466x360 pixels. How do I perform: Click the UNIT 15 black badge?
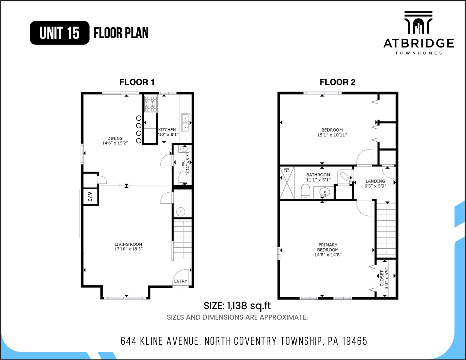coord(59,33)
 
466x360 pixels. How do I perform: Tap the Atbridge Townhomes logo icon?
coord(418,22)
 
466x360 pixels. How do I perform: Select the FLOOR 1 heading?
coord(137,82)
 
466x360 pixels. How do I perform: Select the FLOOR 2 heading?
coord(337,82)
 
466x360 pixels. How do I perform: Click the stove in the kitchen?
coord(151,104)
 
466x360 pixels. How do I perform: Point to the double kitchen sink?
coord(185,123)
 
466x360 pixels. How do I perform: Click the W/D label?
coord(90,196)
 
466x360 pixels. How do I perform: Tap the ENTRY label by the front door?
coord(180,281)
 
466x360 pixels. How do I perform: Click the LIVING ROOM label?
coord(128,244)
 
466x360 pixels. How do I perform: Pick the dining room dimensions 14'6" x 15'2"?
coord(115,143)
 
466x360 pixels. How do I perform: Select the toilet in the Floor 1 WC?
coord(183,178)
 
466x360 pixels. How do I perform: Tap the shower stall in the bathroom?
coord(287,183)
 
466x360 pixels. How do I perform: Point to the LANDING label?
coord(375,181)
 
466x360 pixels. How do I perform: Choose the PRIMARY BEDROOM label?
coord(328,247)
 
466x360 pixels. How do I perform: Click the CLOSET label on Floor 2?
coord(382,278)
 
